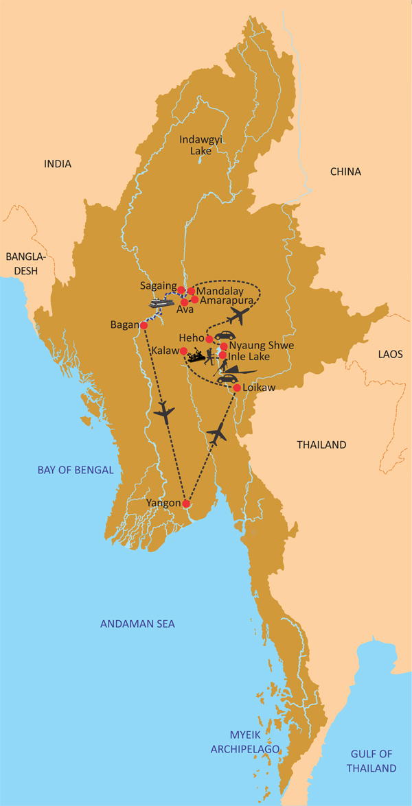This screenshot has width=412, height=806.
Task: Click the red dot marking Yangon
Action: coord(186,503)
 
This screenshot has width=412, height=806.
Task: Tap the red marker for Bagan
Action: coord(144,325)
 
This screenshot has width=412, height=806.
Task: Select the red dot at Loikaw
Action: coord(237,388)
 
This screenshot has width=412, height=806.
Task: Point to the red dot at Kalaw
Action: coord(183,351)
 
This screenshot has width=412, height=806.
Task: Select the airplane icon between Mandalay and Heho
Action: coord(238,316)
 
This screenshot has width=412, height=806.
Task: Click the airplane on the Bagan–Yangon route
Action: coord(165,413)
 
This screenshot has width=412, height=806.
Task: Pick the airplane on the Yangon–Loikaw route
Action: coord(218,434)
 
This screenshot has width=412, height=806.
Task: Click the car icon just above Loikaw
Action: coord(227,379)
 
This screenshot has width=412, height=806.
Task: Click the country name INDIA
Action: coord(58,164)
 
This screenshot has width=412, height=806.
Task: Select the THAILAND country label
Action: coord(321,445)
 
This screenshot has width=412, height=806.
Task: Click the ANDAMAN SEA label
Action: coord(137,624)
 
